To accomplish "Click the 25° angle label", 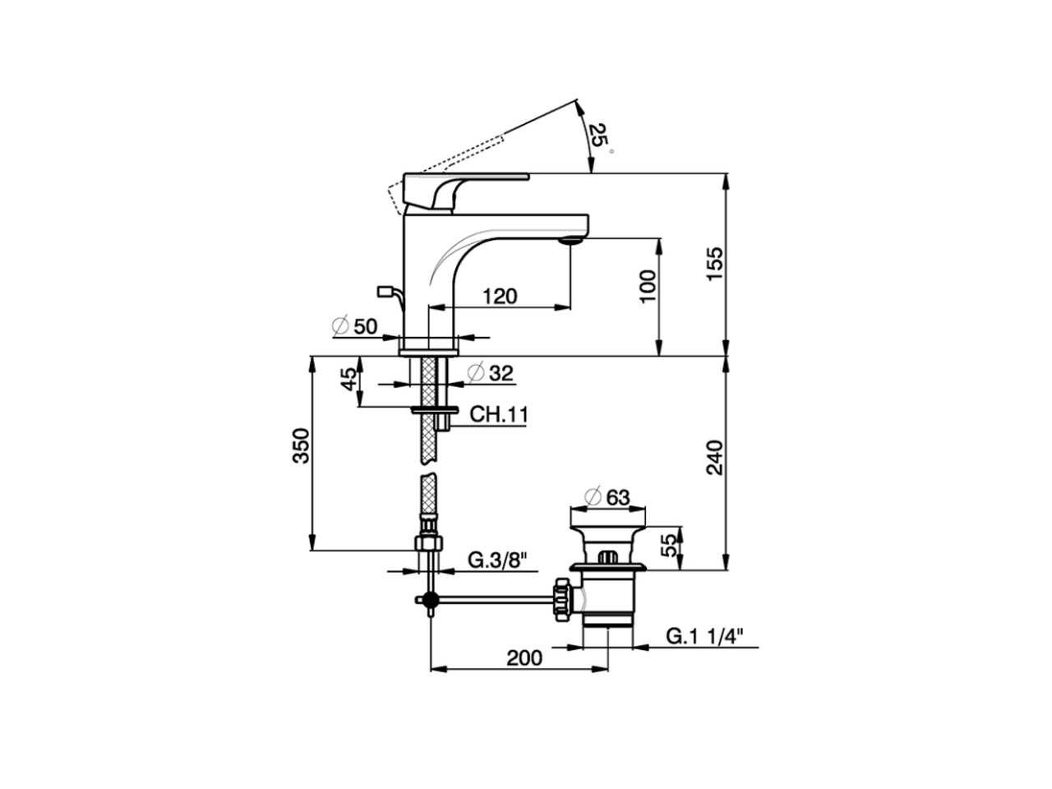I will [602, 137].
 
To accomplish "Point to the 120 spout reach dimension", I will [500, 296].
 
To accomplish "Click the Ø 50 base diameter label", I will [355, 326].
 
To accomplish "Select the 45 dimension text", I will [349, 380].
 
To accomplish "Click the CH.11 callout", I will [498, 414].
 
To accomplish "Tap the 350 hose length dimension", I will [302, 445].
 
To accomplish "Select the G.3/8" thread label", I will [497, 561].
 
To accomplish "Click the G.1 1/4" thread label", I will [704, 635].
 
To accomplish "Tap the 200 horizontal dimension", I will [524, 657].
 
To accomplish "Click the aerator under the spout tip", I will [569, 239].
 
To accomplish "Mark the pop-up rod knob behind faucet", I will [385, 290].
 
